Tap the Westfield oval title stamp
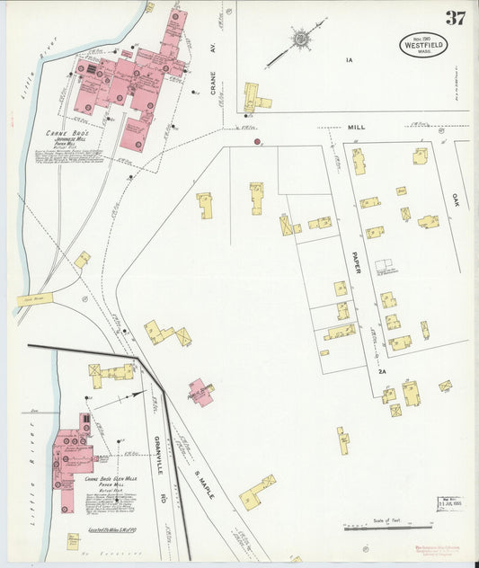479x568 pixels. pos(423,45)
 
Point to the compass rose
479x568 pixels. pos(298,39)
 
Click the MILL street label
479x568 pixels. pos(357,128)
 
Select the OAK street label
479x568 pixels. pos(455,200)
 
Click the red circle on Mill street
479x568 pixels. pos(257,141)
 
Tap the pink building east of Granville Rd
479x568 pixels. pos(201,391)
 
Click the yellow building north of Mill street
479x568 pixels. pos(254,96)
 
